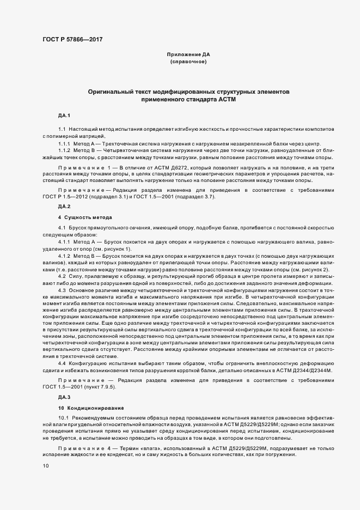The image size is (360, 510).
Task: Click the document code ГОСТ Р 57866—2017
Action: [x=72, y=39]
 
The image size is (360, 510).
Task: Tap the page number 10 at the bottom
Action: [x=46, y=466]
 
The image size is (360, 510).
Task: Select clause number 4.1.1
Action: [x=64, y=240]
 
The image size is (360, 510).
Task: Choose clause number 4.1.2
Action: [x=64, y=255]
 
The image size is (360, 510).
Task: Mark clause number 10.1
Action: [x=63, y=418]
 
